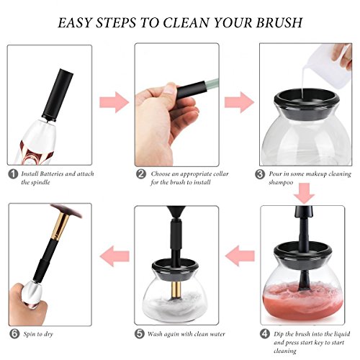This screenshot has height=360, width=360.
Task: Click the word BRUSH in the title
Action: coord(279,22)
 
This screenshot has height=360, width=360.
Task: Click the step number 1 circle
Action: coord(13,174)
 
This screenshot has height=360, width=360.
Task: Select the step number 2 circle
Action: coord(141,174)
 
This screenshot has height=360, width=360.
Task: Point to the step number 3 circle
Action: coord(260,174)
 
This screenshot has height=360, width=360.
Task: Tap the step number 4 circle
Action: coord(265,334)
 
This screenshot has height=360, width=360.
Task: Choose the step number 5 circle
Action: coord(140,334)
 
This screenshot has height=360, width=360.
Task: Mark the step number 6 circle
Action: coord(14,334)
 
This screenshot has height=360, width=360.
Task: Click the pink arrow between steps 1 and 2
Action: coord(114,102)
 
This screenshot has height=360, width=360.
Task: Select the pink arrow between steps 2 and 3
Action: coord(239,102)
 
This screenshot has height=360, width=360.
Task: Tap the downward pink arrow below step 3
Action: coord(305,194)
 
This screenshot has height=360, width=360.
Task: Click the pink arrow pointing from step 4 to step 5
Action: coord(240,256)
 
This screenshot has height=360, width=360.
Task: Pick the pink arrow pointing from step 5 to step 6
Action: coord(114,256)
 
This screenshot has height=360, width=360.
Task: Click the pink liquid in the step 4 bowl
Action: coord(303,301)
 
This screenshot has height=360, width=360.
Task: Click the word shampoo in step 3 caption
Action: coord(281,182)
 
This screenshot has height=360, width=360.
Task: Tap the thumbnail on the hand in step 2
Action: coord(170,89)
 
